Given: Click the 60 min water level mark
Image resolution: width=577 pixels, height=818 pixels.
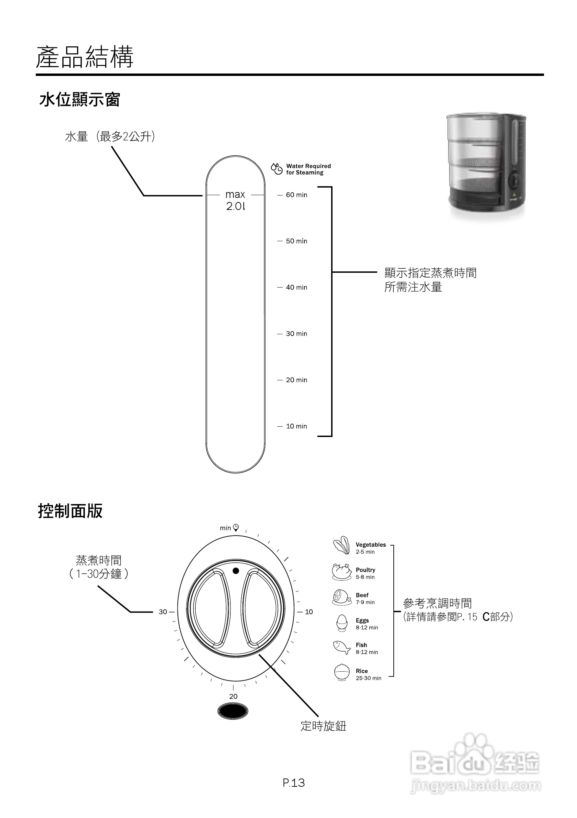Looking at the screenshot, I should [296, 195].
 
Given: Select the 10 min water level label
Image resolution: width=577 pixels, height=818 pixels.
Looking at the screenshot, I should [296, 426].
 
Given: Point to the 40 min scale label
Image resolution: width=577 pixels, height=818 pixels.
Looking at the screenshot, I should [296, 287].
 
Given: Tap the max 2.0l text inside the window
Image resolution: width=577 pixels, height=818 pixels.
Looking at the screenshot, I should [235, 200].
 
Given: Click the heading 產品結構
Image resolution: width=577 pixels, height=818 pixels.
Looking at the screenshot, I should [85, 57].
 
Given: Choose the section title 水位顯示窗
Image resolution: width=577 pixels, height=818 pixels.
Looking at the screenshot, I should [79, 100].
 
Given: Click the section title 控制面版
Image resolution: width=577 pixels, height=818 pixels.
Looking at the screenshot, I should [70, 511].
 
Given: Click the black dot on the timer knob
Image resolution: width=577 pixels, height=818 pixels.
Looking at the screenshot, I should [235, 571].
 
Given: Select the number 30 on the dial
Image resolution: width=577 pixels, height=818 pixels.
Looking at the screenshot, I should [163, 612].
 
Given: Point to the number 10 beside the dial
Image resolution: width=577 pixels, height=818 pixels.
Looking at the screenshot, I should [309, 612].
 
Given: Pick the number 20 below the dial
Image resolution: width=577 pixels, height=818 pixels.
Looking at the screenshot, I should [233, 696].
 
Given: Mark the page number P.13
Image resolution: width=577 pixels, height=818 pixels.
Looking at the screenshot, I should [294, 783].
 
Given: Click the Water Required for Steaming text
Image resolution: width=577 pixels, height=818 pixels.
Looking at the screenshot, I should [308, 169].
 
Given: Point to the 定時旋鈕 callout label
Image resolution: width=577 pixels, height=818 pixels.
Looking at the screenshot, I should [324, 726].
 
